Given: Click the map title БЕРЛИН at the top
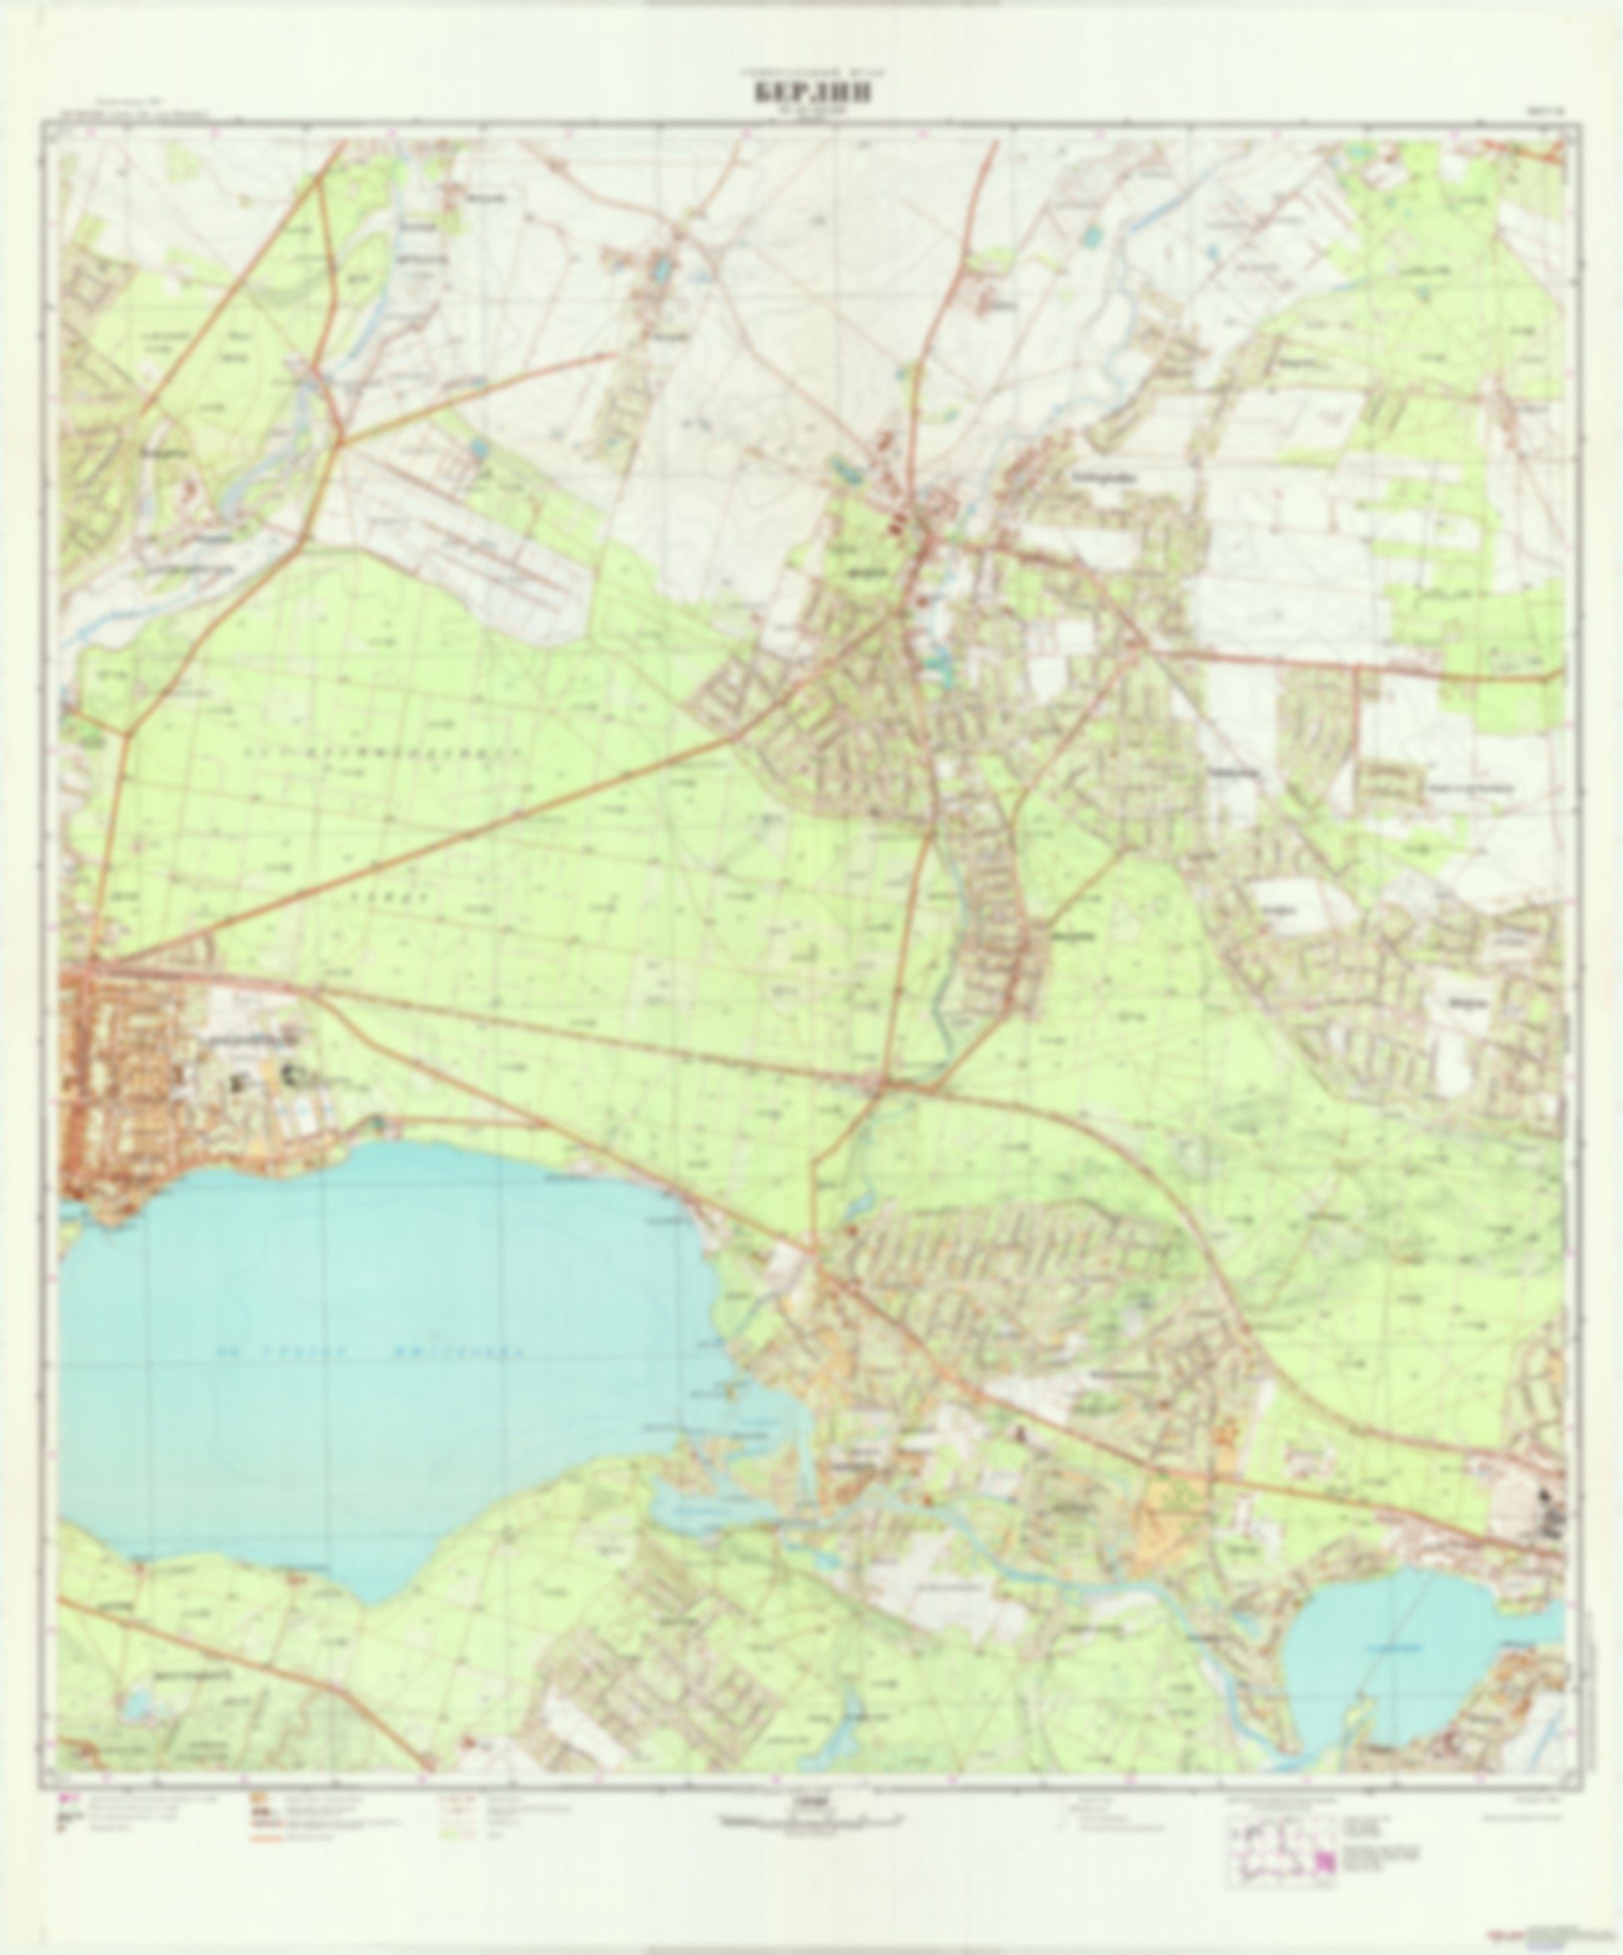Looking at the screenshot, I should click(x=812, y=93).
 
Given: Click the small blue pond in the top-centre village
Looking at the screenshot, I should click(x=661, y=269).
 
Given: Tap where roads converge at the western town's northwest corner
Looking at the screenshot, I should click(x=88, y=968).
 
